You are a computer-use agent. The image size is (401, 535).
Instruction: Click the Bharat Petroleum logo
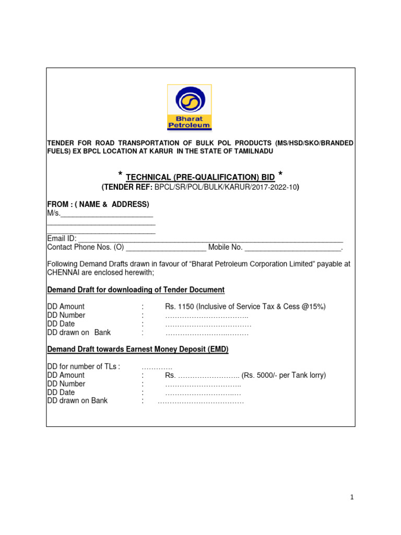[189, 107]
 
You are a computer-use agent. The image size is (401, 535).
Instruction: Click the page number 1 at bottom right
[352, 497]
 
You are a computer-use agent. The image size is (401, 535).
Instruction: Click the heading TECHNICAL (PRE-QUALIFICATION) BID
[200, 178]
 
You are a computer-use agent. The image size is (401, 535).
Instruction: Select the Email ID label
[62, 238]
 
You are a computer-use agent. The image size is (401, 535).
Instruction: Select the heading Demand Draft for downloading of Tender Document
[136, 289]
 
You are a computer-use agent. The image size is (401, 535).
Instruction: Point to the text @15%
[313, 307]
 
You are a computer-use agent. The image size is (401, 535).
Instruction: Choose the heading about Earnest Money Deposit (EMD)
[138, 349]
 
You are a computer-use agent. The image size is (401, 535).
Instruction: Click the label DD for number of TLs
[84, 367]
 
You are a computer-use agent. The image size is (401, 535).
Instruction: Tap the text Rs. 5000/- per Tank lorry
[284, 375]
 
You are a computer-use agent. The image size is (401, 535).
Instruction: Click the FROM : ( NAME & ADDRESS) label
[98, 204]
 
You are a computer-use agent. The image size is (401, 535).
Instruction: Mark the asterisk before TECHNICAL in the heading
[121, 175]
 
